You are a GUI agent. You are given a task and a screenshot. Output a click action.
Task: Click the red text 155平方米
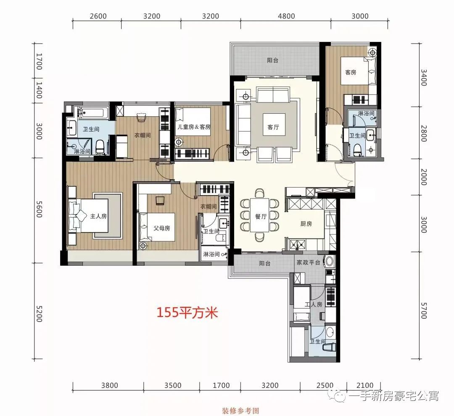click(x=187, y=313)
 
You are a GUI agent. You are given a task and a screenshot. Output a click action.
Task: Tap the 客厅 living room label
click(x=273, y=128)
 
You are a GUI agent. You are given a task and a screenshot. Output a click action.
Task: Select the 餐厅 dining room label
click(x=261, y=217)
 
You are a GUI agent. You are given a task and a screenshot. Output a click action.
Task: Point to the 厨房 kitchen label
click(x=306, y=224)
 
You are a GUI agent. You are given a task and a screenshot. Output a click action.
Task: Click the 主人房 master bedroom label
click(x=99, y=217)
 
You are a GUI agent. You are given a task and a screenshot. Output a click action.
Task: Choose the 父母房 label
click(x=162, y=228)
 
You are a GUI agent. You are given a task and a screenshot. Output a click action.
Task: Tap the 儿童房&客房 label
click(x=194, y=127)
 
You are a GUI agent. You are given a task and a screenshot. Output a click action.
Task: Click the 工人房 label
click(x=313, y=304)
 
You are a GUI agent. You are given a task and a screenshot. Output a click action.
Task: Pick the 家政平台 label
click(x=309, y=263)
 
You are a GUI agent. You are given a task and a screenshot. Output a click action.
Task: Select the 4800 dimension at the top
click(x=286, y=16)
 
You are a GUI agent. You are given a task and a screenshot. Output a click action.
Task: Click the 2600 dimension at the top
click(x=98, y=16)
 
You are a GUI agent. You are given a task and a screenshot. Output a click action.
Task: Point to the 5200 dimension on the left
click(x=39, y=313)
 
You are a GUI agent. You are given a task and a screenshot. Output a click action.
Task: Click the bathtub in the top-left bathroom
click(x=94, y=112)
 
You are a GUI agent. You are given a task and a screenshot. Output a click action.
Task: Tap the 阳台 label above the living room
click(x=272, y=60)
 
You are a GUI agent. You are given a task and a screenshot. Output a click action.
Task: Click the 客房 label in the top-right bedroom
click(x=350, y=72)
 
